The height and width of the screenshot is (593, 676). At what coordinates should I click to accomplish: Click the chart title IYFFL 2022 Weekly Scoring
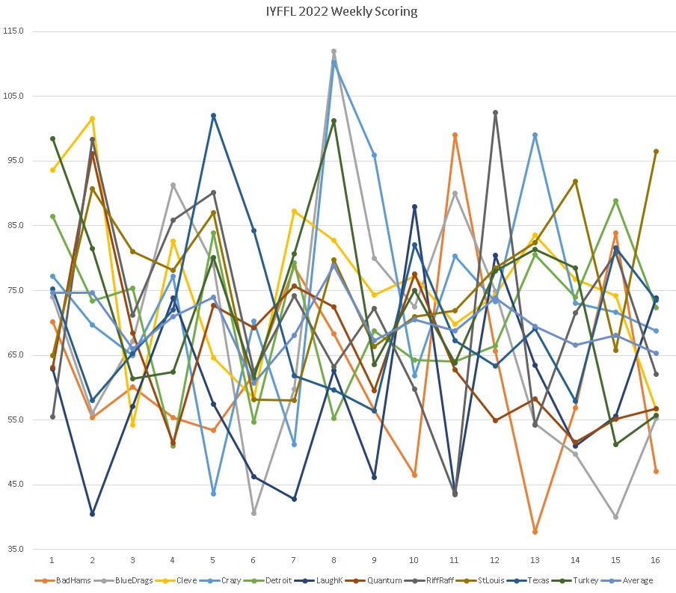coord(338,11)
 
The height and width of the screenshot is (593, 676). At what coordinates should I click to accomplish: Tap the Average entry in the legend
coord(637,580)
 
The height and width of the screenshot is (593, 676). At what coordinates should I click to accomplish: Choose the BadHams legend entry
coord(58,580)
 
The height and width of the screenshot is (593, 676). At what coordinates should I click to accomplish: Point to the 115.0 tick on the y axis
coord(14,31)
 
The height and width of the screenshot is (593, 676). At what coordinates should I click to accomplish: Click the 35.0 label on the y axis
coord(14,549)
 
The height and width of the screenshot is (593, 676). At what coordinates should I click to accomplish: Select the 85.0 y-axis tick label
coord(14,226)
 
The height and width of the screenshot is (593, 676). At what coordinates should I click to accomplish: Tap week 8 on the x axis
coord(334,559)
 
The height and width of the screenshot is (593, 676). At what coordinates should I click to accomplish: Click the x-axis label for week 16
coord(656,559)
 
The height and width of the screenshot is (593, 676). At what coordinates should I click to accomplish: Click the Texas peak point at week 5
coord(213,116)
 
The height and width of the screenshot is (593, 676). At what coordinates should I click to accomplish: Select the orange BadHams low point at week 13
coord(535,532)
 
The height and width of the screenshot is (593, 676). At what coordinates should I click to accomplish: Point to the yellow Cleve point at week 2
coord(92,119)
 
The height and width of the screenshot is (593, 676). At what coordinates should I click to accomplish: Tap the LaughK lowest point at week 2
coord(92,514)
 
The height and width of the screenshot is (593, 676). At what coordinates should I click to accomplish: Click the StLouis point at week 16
coord(656,152)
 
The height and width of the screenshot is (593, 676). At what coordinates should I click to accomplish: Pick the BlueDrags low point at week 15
coord(615,517)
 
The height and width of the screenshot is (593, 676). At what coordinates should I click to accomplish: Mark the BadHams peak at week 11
coord(455,135)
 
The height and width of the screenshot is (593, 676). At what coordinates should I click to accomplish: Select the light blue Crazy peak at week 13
coord(535,135)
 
